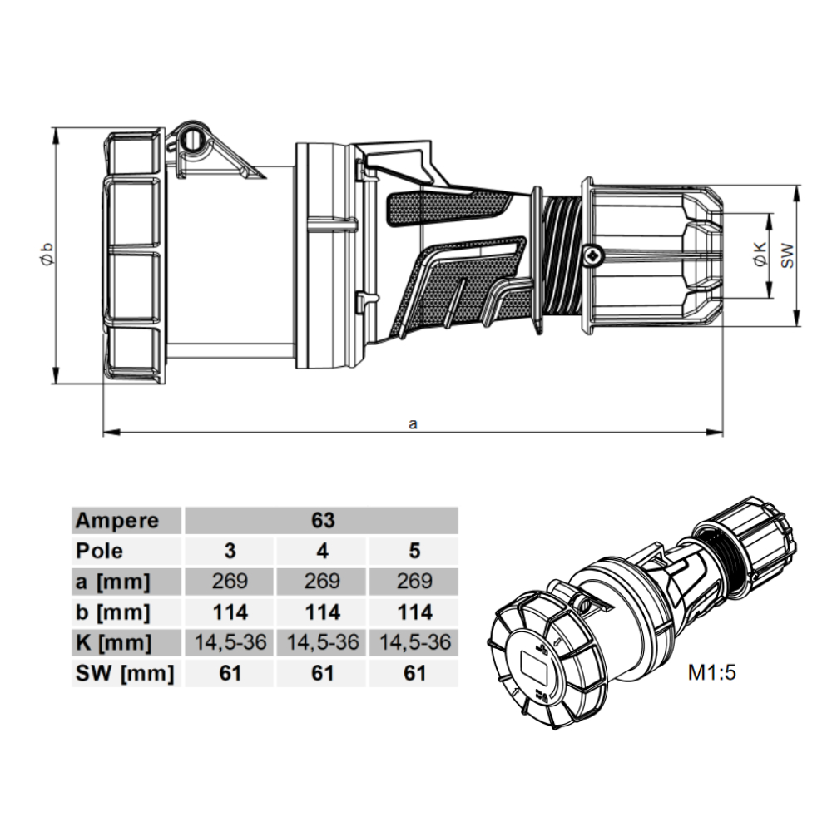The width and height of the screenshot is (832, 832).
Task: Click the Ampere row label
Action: tap(117, 521)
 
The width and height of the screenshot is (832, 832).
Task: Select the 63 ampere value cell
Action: tap(323, 521)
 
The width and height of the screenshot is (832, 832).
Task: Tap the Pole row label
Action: tap(99, 552)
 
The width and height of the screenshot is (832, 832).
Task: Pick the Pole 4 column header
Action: tap(322, 552)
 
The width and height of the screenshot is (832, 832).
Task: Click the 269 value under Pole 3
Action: tap(230, 582)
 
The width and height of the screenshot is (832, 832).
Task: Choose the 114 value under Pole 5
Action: tap(414, 612)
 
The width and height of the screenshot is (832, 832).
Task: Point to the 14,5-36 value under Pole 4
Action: tap(322, 642)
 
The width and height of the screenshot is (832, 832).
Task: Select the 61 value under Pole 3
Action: tap(230, 673)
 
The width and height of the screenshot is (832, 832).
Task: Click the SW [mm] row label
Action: tap(125, 674)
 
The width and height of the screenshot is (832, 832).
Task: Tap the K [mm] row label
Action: tap(113, 643)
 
